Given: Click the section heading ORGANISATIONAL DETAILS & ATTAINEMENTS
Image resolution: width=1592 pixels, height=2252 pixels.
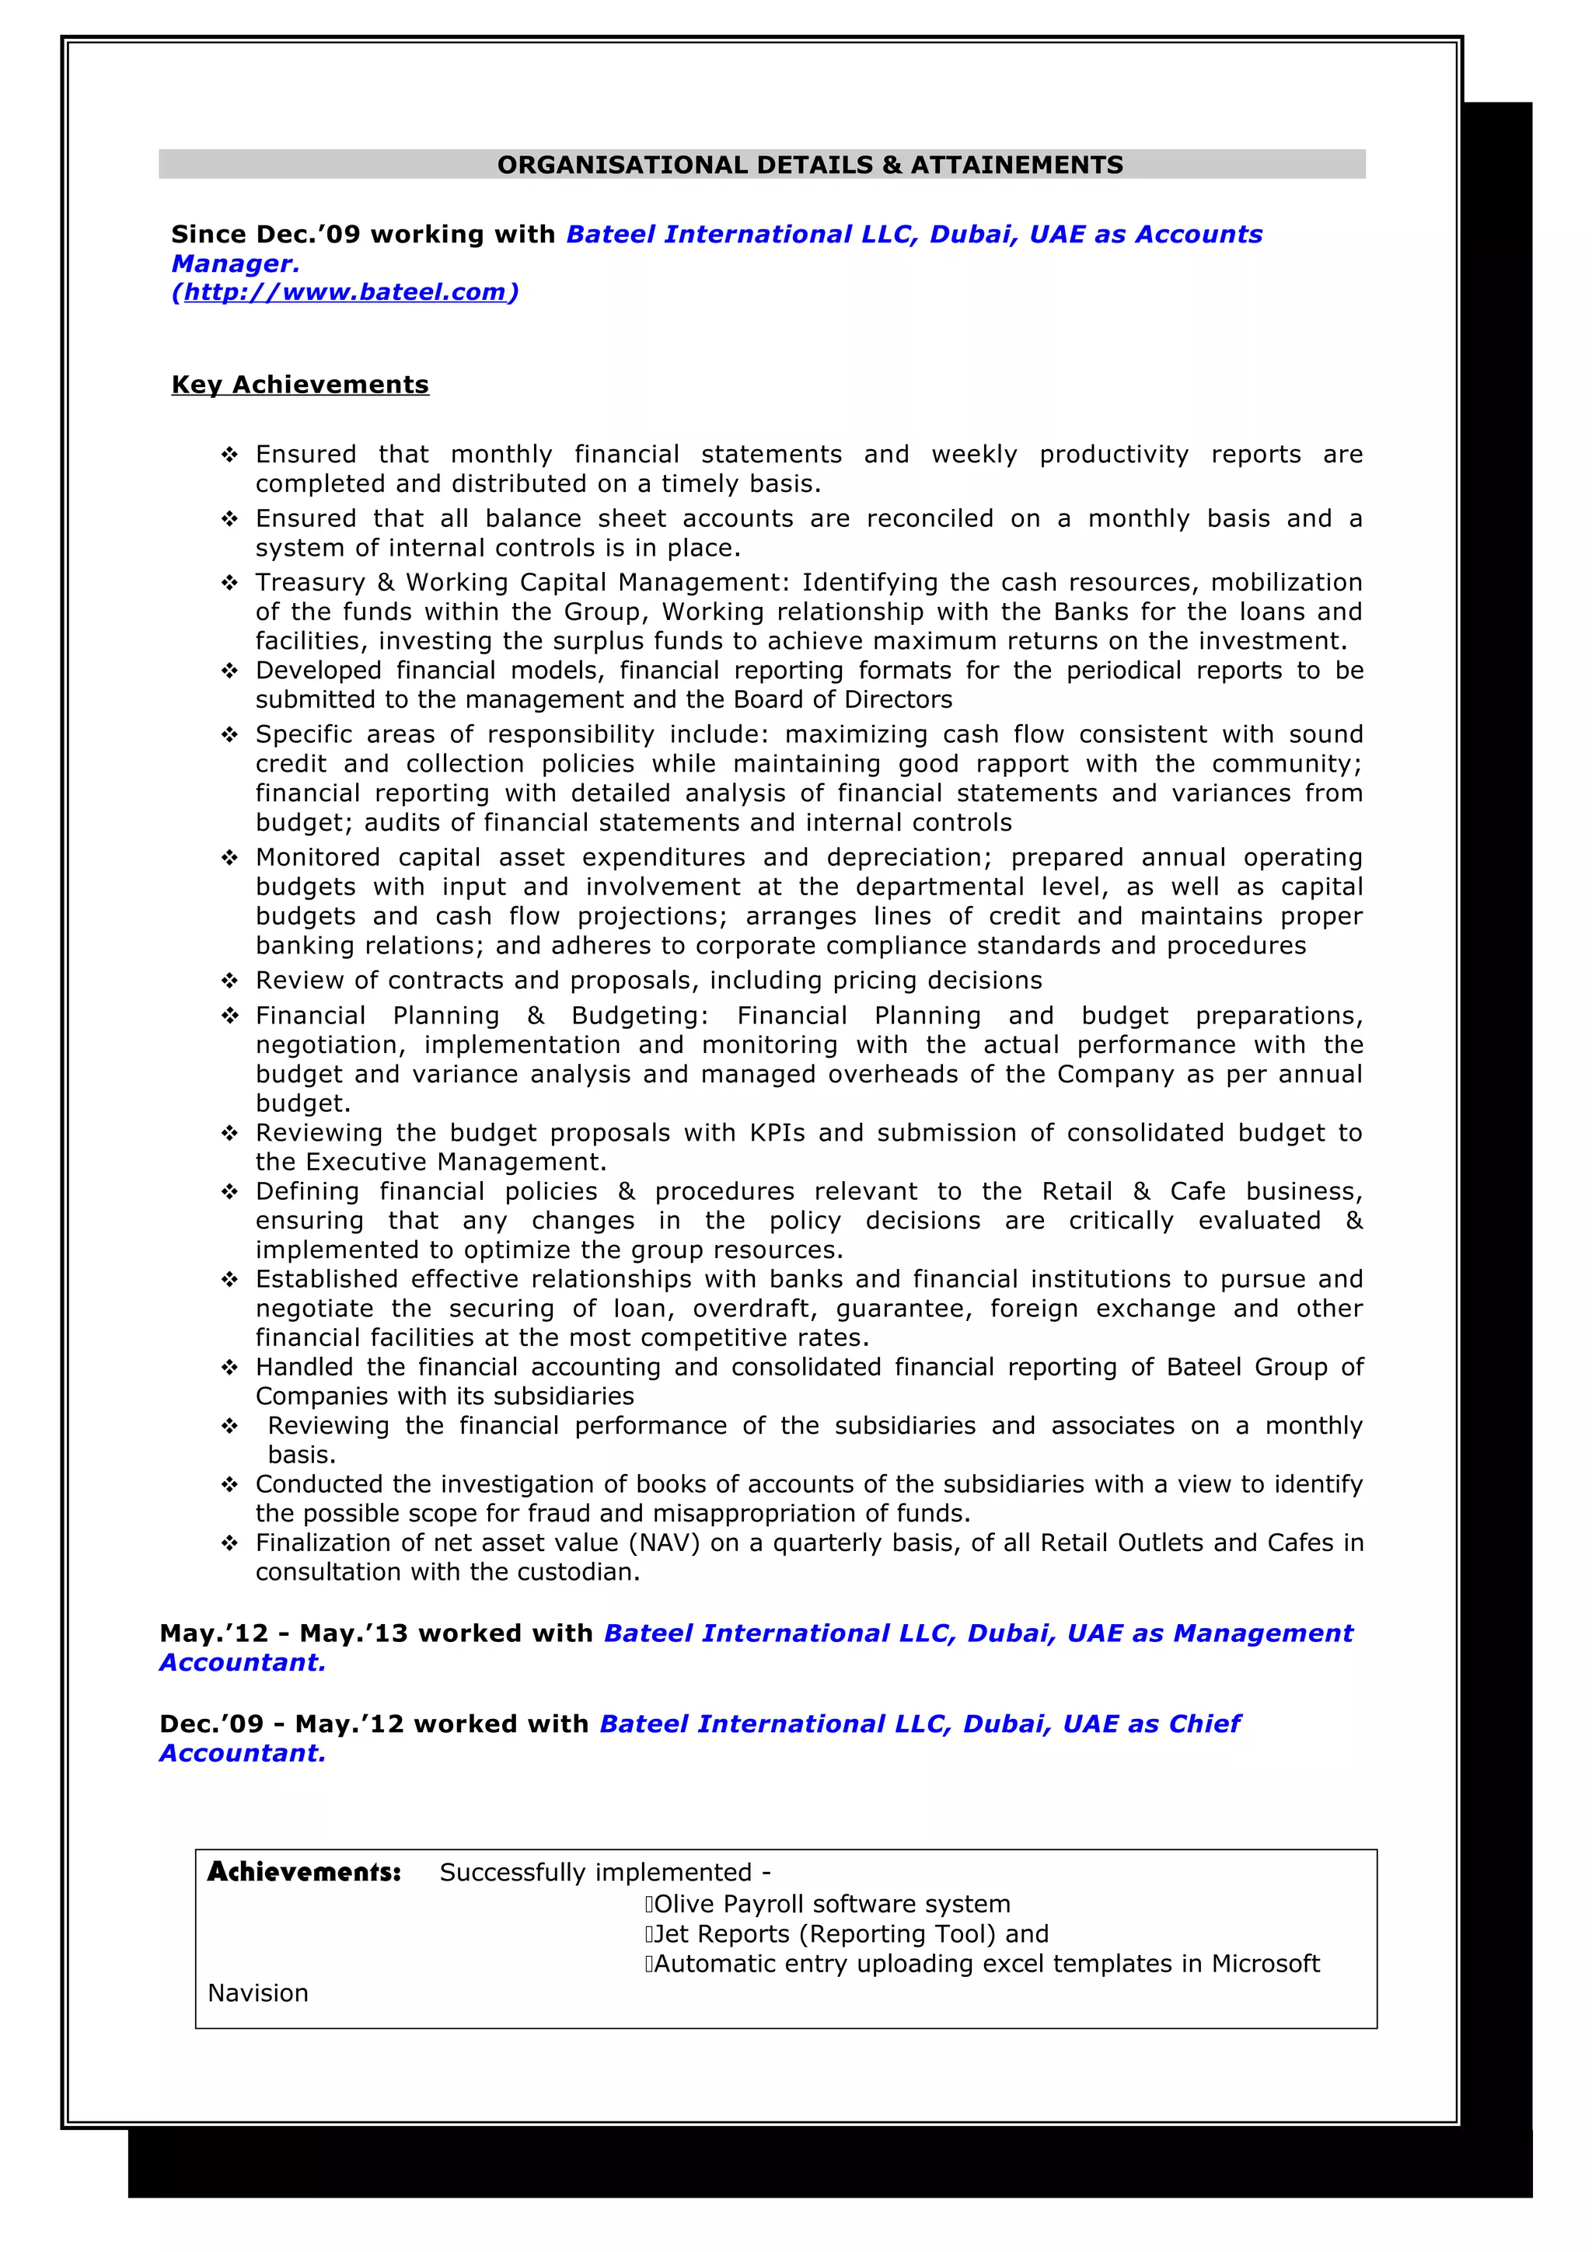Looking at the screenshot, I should pyautogui.click(x=809, y=165).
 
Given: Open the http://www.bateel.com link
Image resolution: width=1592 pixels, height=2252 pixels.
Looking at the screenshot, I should pyautogui.click(x=344, y=292).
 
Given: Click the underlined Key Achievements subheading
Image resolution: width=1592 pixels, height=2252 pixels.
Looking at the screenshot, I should pyautogui.click(x=300, y=385).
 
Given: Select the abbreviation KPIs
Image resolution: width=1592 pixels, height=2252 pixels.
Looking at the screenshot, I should pyautogui.click(x=777, y=1133).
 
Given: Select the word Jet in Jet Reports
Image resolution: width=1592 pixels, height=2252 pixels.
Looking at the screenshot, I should pyautogui.click(x=671, y=1933).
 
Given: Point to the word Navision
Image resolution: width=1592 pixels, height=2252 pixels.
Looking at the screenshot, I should pyautogui.click(x=258, y=1993).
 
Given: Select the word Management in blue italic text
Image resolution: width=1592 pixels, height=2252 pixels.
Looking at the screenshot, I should pyautogui.click(x=1262, y=1633).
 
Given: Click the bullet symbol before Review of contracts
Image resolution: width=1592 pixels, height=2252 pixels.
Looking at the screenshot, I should pyautogui.click(x=229, y=981).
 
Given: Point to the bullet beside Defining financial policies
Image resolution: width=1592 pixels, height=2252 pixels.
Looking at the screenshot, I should pyautogui.click(x=229, y=1192).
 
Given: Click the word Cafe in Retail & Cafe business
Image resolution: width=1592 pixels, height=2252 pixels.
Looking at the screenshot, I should pyautogui.click(x=1198, y=1192).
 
